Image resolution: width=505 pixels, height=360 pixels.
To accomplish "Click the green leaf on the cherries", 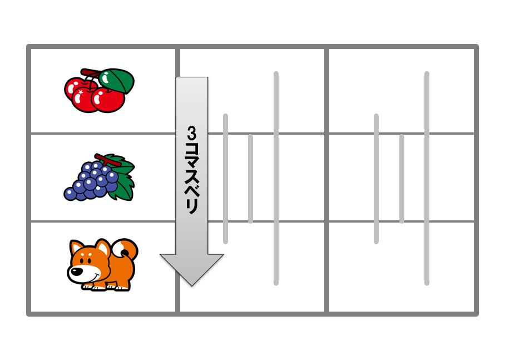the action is tap(117, 81).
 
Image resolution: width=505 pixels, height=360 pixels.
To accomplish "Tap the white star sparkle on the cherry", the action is tap(80, 92).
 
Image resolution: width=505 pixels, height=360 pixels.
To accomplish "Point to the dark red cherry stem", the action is tap(91, 73).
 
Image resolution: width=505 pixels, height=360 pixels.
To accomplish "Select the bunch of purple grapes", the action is tap(99, 177).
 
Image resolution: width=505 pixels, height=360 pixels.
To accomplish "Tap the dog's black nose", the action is tap(77, 272).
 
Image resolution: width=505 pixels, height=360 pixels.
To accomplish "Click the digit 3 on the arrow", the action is tap(192, 134).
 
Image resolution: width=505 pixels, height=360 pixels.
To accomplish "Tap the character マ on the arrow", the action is tap(192, 164).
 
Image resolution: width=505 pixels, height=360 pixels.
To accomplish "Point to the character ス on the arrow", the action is tap(192, 178).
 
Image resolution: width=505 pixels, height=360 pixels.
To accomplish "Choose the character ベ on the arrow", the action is tap(192, 193).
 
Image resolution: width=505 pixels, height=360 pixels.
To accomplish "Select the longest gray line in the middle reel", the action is tap(276, 178).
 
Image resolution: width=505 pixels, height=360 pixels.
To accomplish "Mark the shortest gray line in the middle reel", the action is tap(251, 179).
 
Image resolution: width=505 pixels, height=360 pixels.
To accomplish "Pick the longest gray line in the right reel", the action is tap(427, 178).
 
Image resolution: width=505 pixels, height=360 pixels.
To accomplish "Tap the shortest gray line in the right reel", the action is tap(402, 179).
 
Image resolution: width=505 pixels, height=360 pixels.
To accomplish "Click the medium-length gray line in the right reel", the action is tap(376, 179).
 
